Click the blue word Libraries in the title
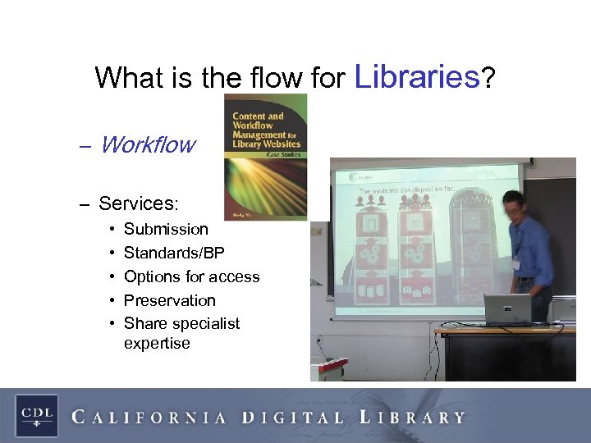click(x=417, y=76)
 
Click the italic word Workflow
click(x=147, y=145)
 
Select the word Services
click(x=137, y=203)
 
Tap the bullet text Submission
click(x=166, y=229)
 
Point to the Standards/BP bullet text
click(x=174, y=253)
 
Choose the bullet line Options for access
click(x=191, y=276)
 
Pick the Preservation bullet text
click(x=169, y=300)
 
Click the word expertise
click(x=157, y=343)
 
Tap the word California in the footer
click(x=149, y=417)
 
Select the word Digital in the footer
click(x=293, y=417)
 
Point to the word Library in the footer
click(x=412, y=417)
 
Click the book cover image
click(x=266, y=156)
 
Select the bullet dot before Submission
click(x=111, y=230)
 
